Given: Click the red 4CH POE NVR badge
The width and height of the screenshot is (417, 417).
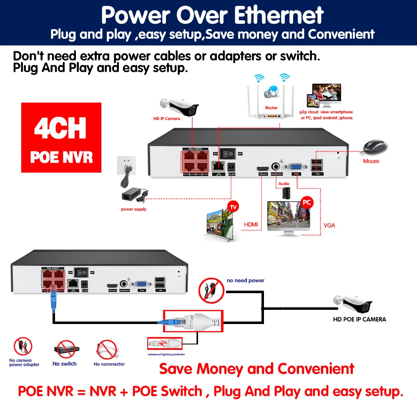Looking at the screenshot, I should pyautogui.click(x=61, y=138).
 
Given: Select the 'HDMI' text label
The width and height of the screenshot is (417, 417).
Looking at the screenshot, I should pyautogui.click(x=251, y=225).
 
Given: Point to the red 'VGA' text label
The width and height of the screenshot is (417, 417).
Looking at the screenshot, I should pyautogui.click(x=329, y=226).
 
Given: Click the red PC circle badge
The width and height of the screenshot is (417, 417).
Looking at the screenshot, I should pyautogui.click(x=307, y=203).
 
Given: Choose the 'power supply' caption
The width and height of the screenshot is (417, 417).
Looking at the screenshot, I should pyautogui.click(x=133, y=209).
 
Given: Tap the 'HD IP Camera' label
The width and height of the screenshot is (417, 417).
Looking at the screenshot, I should pyautogui.click(x=166, y=118).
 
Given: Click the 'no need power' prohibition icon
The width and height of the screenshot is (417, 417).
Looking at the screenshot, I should pyautogui.click(x=209, y=290).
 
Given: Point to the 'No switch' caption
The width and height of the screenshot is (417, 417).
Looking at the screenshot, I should pyautogui.click(x=65, y=364).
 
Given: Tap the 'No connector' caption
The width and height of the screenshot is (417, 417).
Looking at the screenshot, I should pyautogui.click(x=109, y=364).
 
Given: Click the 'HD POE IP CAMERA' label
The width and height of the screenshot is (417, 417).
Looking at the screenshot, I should pyautogui.click(x=359, y=319).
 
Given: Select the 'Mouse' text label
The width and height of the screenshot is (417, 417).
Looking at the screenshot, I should pyautogui.click(x=371, y=161).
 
